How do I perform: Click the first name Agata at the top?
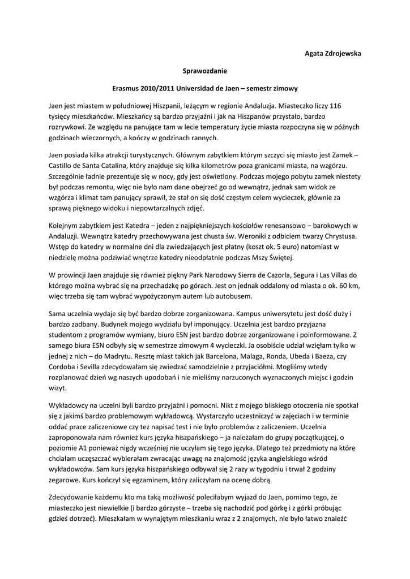click(x=315, y=54)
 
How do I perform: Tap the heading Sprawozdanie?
click(x=204, y=71)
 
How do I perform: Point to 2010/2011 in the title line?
click(x=161, y=89)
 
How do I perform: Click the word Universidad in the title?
click(x=208, y=89)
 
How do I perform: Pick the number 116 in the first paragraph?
click(x=335, y=106)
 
